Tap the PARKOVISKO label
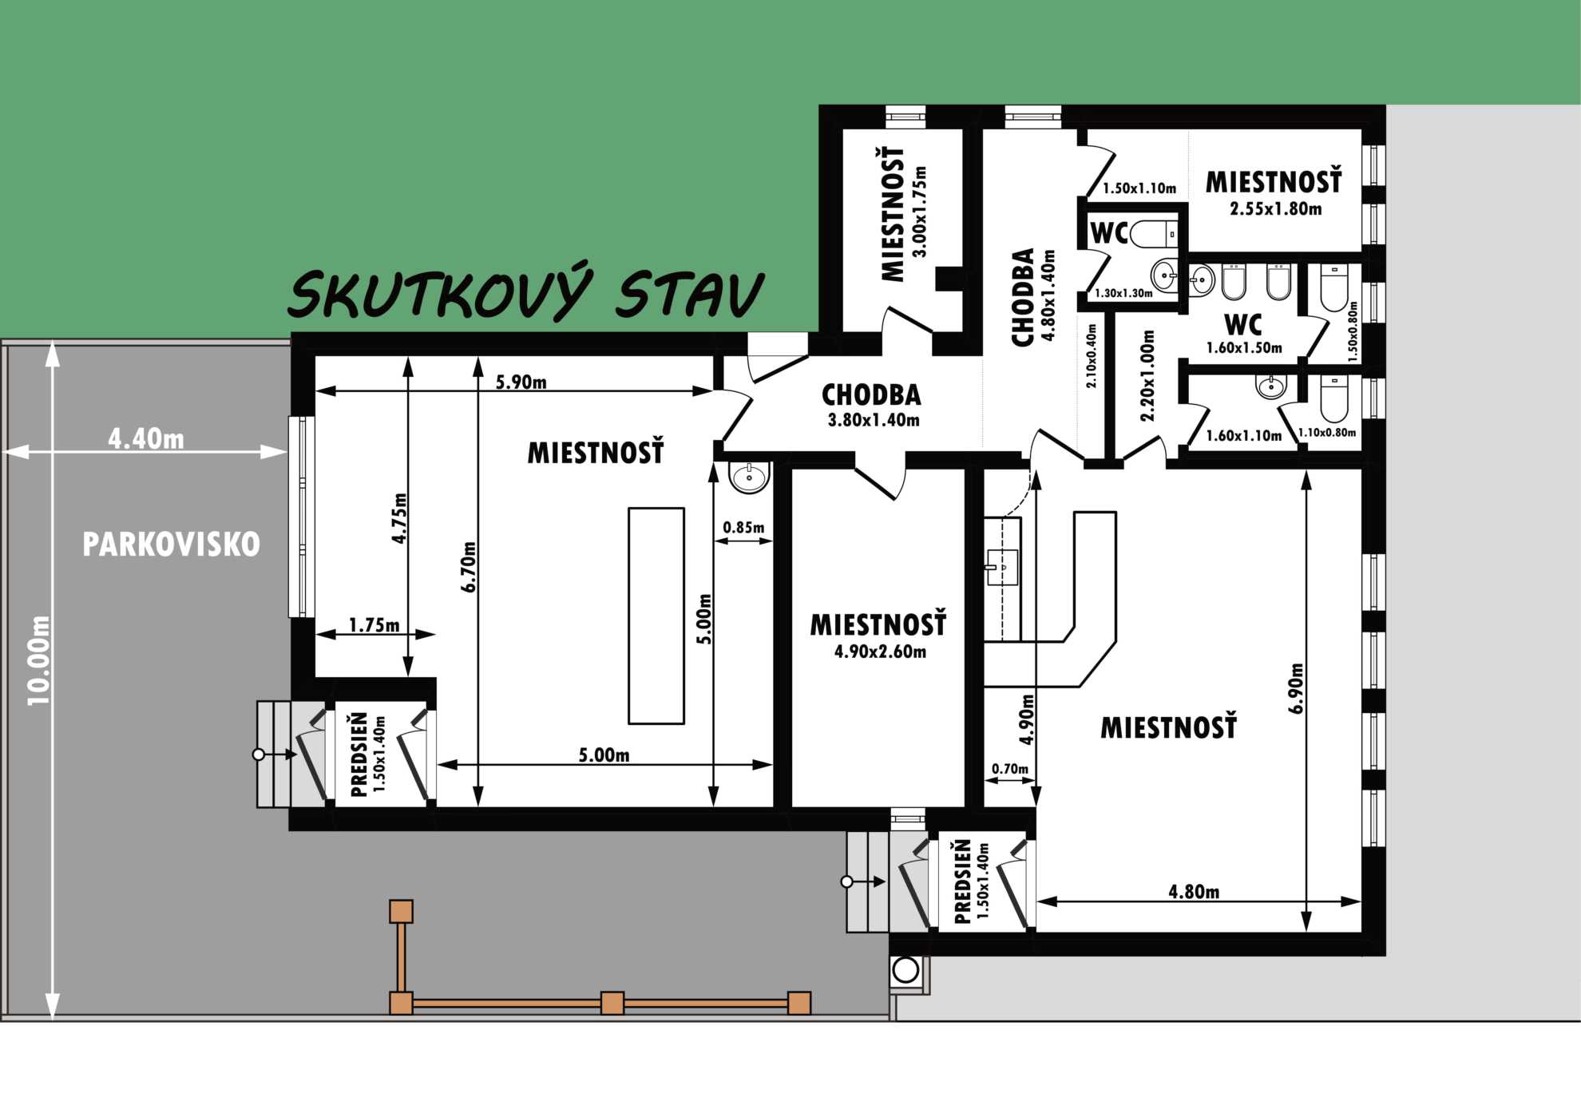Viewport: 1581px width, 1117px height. coord(172,545)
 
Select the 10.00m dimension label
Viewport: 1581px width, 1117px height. coord(39,660)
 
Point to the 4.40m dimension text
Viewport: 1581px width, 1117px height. coord(146,438)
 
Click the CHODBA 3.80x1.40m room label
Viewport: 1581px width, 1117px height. coord(872,405)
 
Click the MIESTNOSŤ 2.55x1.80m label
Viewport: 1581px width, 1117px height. coord(1274,192)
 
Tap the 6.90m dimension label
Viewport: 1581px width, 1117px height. coord(1296,687)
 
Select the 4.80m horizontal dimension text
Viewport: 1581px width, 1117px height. coord(1194,891)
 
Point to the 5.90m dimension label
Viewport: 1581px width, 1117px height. coord(521,382)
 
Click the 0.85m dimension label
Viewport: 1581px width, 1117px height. coord(743,527)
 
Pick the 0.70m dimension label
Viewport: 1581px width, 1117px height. coord(1010,768)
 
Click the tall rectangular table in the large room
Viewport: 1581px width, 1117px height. coord(656,616)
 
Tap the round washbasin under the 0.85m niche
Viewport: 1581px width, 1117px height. coord(750,477)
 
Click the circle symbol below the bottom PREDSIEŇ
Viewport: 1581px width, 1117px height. coord(905,970)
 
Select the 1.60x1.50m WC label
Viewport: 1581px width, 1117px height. coord(1244,335)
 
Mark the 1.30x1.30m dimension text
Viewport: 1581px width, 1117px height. coord(1123,293)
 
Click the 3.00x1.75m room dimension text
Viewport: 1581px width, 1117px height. coord(920,212)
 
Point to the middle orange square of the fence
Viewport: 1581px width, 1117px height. coord(612,1003)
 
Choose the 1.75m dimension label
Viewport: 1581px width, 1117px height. coord(374,624)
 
